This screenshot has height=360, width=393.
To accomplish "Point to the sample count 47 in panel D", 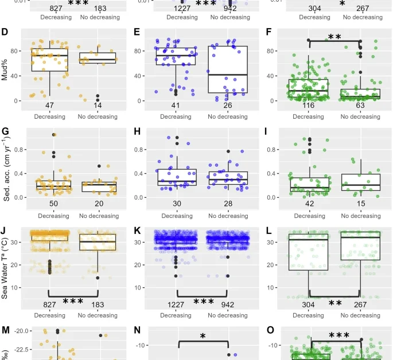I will pos(50,106).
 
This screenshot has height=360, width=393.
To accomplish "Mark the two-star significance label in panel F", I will pos(334,37).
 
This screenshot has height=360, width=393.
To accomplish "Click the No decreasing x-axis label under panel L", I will pos(360,315).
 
